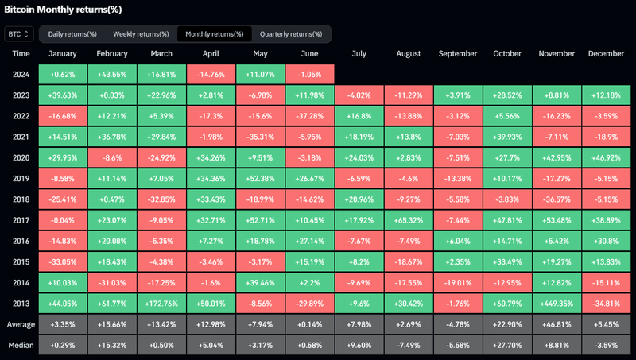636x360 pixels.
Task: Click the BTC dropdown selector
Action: point(18,34)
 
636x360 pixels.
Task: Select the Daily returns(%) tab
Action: point(72,34)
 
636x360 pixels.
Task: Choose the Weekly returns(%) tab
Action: point(141,34)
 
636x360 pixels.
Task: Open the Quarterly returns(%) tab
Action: point(291,34)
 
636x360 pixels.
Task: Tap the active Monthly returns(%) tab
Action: point(214,34)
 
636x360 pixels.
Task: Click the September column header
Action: point(457,54)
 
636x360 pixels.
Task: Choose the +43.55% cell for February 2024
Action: point(111,75)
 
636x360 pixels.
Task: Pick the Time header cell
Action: point(21,54)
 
